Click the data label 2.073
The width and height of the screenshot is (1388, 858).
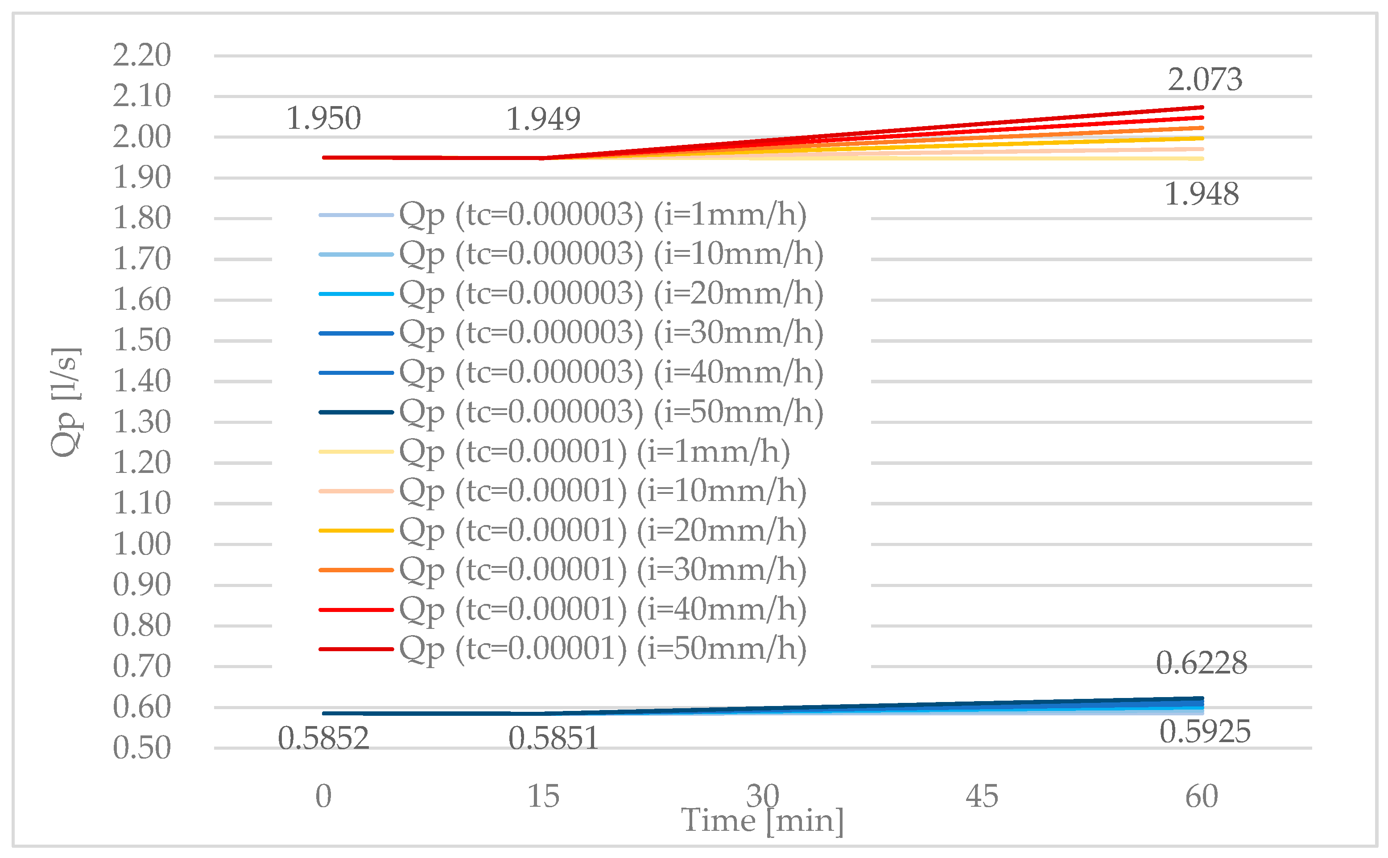1204,79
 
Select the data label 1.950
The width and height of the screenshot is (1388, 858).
323,119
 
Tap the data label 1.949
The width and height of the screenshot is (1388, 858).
543,119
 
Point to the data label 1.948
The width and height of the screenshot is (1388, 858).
1201,195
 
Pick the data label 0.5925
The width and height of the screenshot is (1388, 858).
1205,731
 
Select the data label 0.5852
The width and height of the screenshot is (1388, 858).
323,738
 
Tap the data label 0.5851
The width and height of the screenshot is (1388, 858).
553,738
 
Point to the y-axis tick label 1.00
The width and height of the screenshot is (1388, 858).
141,544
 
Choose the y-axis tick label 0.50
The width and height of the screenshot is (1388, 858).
141,748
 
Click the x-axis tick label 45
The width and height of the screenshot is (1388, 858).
982,796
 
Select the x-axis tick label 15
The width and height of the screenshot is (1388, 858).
543,796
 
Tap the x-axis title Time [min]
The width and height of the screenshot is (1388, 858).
762,821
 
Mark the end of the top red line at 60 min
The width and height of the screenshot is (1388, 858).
1202,107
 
